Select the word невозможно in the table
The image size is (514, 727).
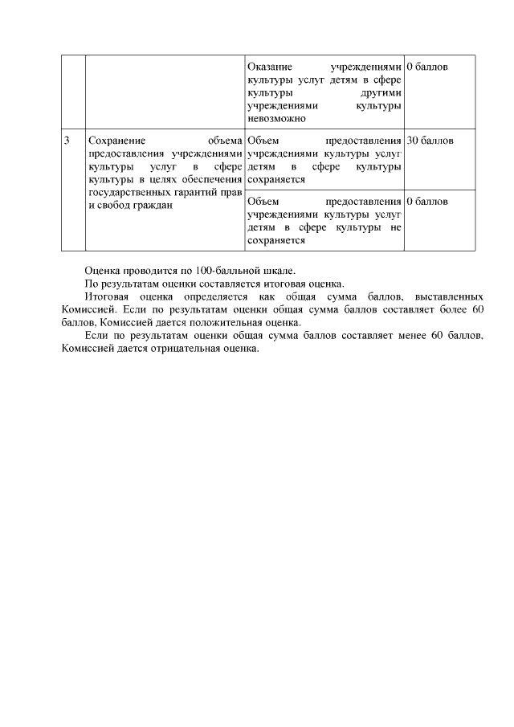[277, 118]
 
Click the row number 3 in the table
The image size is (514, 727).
[67, 141]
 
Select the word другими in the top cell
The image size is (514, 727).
[381, 92]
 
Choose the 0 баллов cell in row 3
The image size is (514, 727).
[427, 201]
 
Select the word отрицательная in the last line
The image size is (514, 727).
[186, 349]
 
